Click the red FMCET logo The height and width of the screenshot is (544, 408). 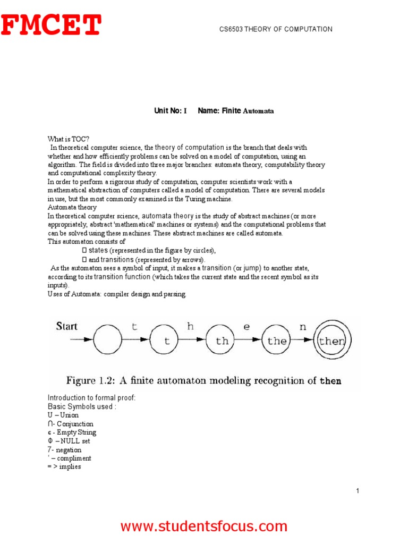[50, 25]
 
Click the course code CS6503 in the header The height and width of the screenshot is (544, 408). [231, 29]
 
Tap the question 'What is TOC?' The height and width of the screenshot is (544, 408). [65, 138]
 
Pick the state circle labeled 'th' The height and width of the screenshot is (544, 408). [222, 341]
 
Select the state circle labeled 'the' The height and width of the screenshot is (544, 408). [277, 341]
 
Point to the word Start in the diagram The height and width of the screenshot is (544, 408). [67, 326]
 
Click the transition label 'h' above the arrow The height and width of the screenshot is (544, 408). [190, 327]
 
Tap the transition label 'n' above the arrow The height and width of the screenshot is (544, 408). [303, 327]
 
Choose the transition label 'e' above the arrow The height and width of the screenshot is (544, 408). [246, 327]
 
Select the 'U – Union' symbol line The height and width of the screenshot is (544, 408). [63, 415]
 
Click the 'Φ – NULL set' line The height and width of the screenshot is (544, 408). [69, 441]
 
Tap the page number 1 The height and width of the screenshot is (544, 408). [358, 491]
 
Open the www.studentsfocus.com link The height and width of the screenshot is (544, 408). [203, 526]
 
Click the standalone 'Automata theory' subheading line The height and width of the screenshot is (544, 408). [72, 207]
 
